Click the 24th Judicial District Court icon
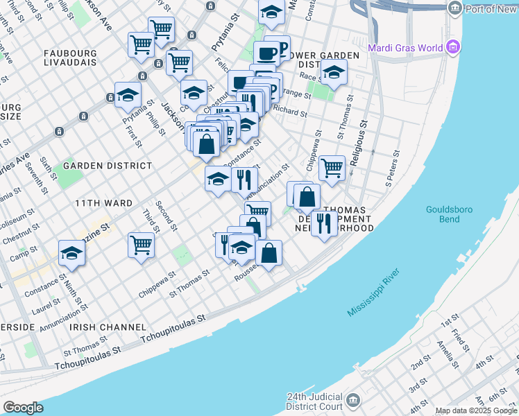click(353, 401)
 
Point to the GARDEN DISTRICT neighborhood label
click(108, 166)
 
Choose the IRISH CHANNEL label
click(112, 327)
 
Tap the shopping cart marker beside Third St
click(141, 245)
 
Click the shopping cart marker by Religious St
click(332, 167)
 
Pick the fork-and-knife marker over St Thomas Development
click(323, 223)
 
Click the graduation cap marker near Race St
click(334, 73)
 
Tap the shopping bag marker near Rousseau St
click(269, 253)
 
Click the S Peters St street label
click(393, 170)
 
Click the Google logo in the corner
click(23, 407)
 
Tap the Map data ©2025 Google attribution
click(476, 410)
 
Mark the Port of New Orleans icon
click(455, 8)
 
